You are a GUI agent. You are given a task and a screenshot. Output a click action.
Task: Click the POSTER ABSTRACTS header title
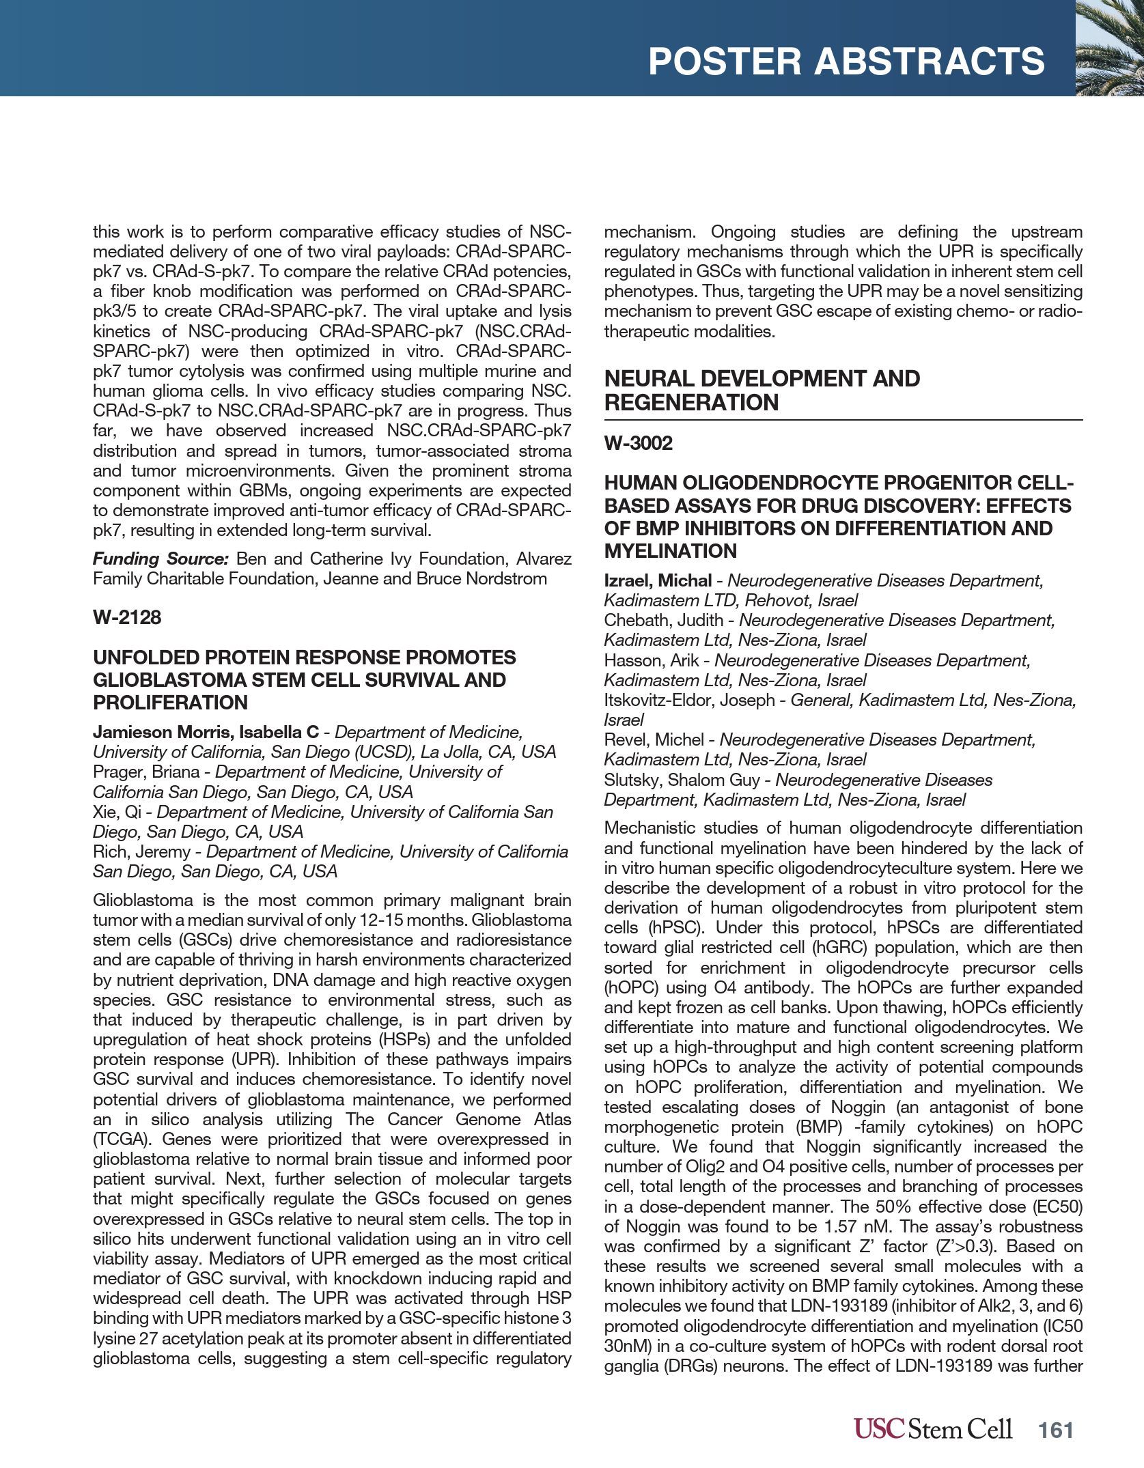click(x=846, y=61)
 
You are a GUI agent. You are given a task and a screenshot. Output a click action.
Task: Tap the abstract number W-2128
click(x=127, y=617)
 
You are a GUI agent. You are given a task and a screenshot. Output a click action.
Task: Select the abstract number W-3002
click(x=639, y=443)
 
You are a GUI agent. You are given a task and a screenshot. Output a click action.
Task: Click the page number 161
click(x=1056, y=1430)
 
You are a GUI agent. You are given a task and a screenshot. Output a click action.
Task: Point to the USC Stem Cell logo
click(x=933, y=1428)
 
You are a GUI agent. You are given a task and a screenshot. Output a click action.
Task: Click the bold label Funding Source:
click(x=161, y=559)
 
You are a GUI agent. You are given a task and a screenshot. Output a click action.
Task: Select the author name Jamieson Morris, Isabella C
click(x=206, y=732)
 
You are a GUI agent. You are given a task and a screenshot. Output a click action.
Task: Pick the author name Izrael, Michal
click(x=658, y=580)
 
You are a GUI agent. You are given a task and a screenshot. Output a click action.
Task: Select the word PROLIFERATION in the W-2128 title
click(x=170, y=702)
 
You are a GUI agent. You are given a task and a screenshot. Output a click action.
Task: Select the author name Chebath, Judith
click(x=663, y=620)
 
